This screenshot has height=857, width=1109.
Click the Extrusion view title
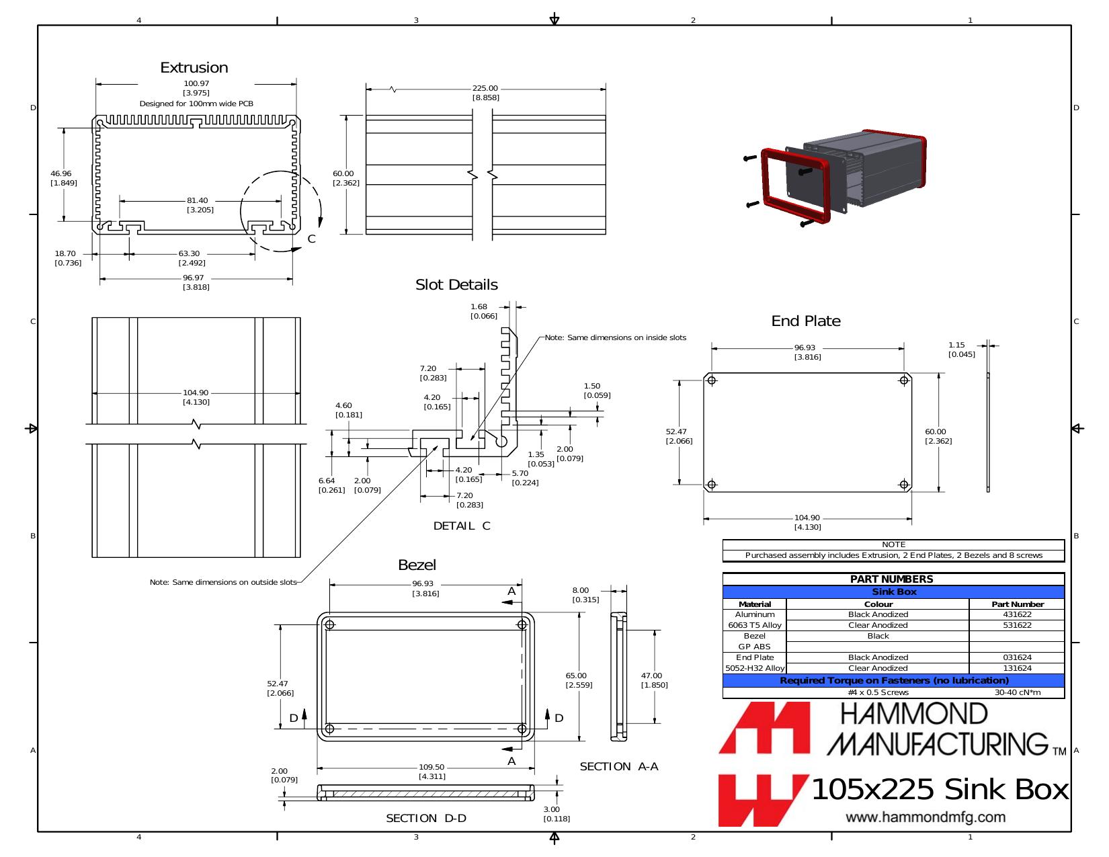[194, 67]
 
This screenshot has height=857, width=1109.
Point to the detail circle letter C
[311, 239]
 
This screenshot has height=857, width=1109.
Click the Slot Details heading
[456, 285]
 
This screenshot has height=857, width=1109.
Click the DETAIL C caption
[461, 526]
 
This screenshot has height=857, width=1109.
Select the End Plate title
[806, 321]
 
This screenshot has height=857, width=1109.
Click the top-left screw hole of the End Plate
[712, 380]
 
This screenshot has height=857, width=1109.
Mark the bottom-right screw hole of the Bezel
[522, 729]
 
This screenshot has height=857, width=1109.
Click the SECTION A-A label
[619, 767]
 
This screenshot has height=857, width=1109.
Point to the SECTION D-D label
[426, 818]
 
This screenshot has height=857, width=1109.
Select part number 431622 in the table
[1017, 614]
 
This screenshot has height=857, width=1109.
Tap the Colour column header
[878, 604]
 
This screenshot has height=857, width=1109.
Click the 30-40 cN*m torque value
[1018, 692]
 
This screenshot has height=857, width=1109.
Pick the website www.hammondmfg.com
[926, 817]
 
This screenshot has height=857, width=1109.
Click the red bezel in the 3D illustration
[794, 186]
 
